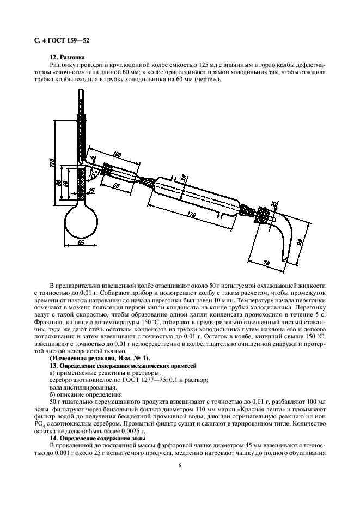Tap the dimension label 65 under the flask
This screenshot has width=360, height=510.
pos(81,243)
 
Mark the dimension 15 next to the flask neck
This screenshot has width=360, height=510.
pos(91,190)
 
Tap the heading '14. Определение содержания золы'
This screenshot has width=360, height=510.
pos(98,438)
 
